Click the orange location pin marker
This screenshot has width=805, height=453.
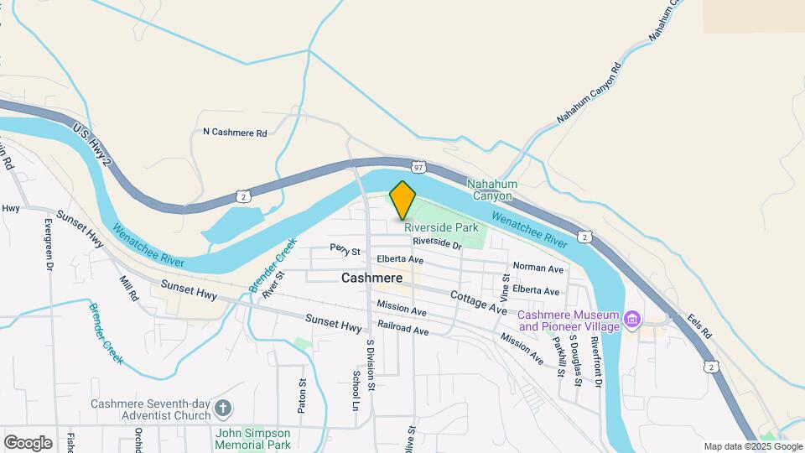403,200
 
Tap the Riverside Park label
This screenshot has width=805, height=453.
441,227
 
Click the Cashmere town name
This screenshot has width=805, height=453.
371,278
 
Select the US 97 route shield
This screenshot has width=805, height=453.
418,166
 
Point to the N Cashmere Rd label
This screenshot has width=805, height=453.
235,133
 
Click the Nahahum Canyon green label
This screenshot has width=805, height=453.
492,190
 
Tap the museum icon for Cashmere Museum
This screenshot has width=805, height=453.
634,320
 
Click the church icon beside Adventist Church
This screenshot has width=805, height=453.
222,409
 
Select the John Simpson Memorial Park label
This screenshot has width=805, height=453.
252,438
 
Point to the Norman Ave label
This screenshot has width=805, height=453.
538,268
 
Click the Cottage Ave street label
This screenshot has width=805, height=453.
478,303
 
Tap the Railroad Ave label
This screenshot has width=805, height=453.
403,330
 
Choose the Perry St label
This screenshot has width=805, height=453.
345,250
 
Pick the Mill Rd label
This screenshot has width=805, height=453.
128,289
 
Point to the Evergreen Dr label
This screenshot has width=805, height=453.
49,244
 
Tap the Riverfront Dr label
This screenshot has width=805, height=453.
596,361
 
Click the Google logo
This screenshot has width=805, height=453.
28,443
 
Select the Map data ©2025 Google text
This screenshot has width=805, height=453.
753,446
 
